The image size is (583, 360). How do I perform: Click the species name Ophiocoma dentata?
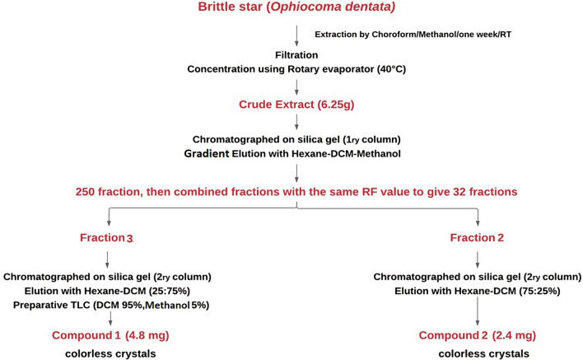[331, 7]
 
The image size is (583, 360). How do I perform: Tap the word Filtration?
[296, 55]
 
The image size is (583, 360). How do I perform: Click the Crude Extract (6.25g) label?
[296, 105]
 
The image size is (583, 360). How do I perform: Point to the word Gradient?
[207, 153]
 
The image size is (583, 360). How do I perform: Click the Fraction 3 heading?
[106, 237]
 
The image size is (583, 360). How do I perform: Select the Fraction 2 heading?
[477, 237]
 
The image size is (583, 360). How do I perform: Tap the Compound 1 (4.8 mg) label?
[110, 335]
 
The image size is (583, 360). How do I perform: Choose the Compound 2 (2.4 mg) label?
[478, 335]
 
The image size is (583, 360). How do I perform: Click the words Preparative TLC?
[52, 306]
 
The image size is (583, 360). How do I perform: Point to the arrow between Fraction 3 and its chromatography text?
[107, 259]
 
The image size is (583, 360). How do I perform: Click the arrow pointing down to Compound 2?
[478, 311]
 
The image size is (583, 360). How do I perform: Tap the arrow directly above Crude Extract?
[296, 88]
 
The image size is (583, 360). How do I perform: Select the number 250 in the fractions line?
[86, 192]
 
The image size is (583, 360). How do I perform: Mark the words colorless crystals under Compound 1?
[110, 353]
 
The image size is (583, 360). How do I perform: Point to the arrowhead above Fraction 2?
[478, 223]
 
